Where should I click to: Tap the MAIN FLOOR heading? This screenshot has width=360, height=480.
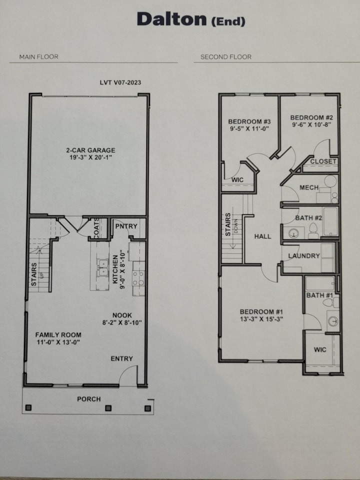click(x=38, y=57)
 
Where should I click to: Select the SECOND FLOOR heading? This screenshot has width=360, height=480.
click(x=225, y=57)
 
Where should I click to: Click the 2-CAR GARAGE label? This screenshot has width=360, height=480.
click(x=90, y=150)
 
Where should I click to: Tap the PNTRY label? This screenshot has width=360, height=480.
click(x=126, y=226)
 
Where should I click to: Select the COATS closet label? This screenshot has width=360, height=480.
click(x=96, y=228)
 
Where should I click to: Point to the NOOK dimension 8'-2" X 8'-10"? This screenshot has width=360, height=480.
click(x=122, y=322)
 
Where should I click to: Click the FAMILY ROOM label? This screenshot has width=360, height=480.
click(x=58, y=334)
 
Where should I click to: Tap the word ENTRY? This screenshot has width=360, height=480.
click(x=122, y=358)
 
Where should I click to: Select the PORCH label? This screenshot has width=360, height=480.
click(x=88, y=399)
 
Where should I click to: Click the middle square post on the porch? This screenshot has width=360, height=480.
click(x=108, y=408)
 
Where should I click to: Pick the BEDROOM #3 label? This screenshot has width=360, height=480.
click(x=249, y=121)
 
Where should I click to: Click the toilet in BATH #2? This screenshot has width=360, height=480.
click(x=313, y=231)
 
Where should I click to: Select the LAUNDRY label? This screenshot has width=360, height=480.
click(x=303, y=255)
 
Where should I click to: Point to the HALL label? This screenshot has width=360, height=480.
click(x=262, y=236)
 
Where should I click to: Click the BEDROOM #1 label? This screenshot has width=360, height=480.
click(x=259, y=311)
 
